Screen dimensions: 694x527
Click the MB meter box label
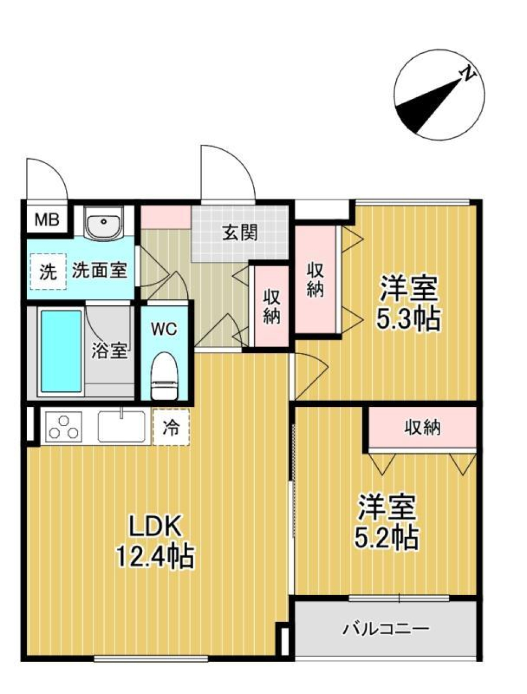click(x=47, y=220)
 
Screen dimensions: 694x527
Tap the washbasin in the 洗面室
click(x=103, y=224)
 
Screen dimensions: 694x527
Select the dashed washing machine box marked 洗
click(x=48, y=271)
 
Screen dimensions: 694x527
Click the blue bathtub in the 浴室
click(x=61, y=350)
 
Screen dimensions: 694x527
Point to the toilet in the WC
click(x=164, y=376)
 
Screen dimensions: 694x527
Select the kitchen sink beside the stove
click(x=122, y=426)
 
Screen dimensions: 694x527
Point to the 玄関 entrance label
click(x=240, y=233)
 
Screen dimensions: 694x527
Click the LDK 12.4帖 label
click(x=155, y=542)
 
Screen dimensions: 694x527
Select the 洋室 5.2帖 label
click(x=387, y=522)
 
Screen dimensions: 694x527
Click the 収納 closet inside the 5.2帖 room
click(x=422, y=428)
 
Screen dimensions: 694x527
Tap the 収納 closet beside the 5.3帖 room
click(x=315, y=280)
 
